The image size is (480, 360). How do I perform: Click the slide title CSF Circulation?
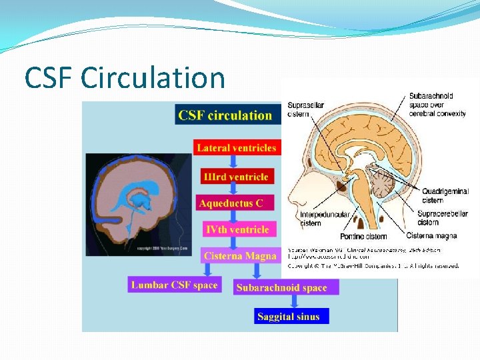[x=125, y=78]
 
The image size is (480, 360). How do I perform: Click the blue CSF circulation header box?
[x=225, y=115]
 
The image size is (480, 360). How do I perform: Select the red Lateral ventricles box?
[x=236, y=147]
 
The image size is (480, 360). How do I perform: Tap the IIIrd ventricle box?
[x=236, y=177]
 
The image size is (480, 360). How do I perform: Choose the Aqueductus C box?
[x=235, y=203]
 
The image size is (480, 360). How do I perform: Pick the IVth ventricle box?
[x=237, y=229]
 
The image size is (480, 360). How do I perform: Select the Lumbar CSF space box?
[x=174, y=285]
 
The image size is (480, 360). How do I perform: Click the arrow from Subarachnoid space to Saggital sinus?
[x=293, y=301]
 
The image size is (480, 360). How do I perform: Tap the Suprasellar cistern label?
[x=304, y=109]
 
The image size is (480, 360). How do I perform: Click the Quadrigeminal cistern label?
[x=444, y=195]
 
